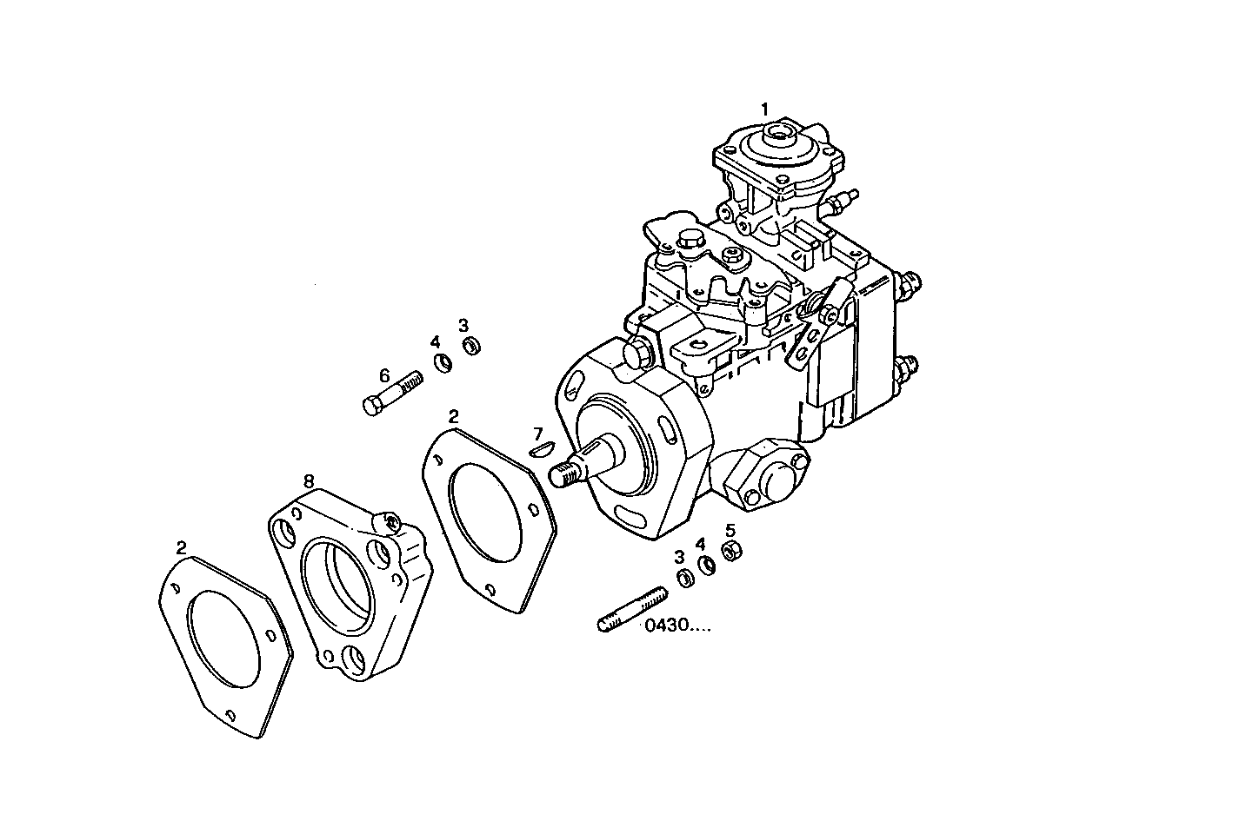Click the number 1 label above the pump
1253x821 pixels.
pyautogui.click(x=764, y=109)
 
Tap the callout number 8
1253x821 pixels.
pyautogui.click(x=308, y=480)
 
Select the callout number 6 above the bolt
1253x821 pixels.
pyautogui.click(x=383, y=376)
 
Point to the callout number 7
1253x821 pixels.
pyautogui.click(x=538, y=433)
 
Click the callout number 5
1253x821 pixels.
pyautogui.click(x=730, y=529)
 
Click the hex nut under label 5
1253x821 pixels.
pyautogui.click(x=732, y=549)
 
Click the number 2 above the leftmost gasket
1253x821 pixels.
pyautogui.click(x=181, y=547)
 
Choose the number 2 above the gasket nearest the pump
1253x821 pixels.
pyautogui.click(x=453, y=416)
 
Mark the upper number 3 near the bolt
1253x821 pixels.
pyautogui.click(x=464, y=323)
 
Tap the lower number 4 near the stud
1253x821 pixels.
pyautogui.click(x=699, y=545)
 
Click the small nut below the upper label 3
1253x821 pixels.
pyautogui.click(x=472, y=346)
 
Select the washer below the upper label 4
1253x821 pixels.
pyautogui.click(x=443, y=362)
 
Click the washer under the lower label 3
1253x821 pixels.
pyautogui.click(x=684, y=578)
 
